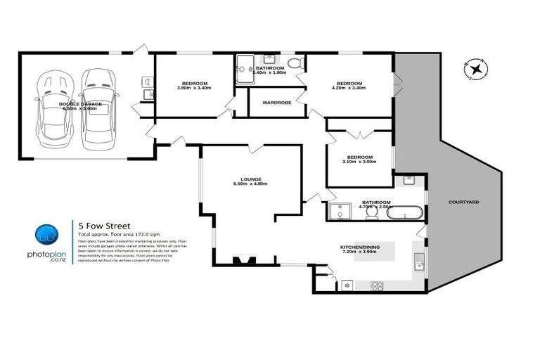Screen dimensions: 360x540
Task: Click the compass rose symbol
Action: [477, 69]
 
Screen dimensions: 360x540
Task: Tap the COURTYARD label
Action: [463, 202]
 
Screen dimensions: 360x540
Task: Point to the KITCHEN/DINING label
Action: [361, 247]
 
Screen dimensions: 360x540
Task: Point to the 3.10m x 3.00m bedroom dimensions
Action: [360, 162]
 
